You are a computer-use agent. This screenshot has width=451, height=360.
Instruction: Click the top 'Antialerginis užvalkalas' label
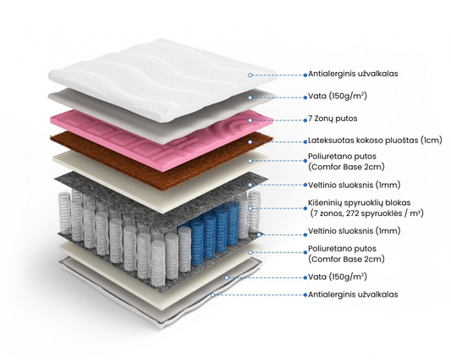[x=353, y=74]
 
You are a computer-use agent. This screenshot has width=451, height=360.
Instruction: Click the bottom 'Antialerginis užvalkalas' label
[x=353, y=295]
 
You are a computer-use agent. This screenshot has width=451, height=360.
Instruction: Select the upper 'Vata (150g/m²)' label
[x=338, y=96]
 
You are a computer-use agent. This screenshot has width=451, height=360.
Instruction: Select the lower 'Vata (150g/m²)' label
[x=338, y=277]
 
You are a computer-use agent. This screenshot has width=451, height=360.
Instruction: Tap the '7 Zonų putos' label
[x=333, y=119]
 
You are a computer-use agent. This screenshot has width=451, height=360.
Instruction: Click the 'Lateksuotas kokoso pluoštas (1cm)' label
[x=375, y=141]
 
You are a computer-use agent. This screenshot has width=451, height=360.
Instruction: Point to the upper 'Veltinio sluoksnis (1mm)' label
[x=355, y=185]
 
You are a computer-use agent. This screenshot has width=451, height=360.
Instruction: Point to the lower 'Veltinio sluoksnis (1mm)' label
[x=355, y=230]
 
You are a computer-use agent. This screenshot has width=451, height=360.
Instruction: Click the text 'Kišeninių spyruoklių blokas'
[x=360, y=203]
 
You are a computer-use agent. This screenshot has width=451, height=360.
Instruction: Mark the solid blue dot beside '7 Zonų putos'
[x=305, y=120]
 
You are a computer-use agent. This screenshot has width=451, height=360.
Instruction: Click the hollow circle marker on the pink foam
[x=250, y=120]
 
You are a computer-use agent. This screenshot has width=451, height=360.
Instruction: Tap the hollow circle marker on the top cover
[x=250, y=75]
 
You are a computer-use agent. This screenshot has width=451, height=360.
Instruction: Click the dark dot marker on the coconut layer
[x=250, y=142]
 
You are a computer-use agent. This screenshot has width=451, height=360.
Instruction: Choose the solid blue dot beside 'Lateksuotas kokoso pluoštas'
[x=305, y=141]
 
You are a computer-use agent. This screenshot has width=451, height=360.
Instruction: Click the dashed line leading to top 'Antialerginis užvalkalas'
[x=278, y=75]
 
